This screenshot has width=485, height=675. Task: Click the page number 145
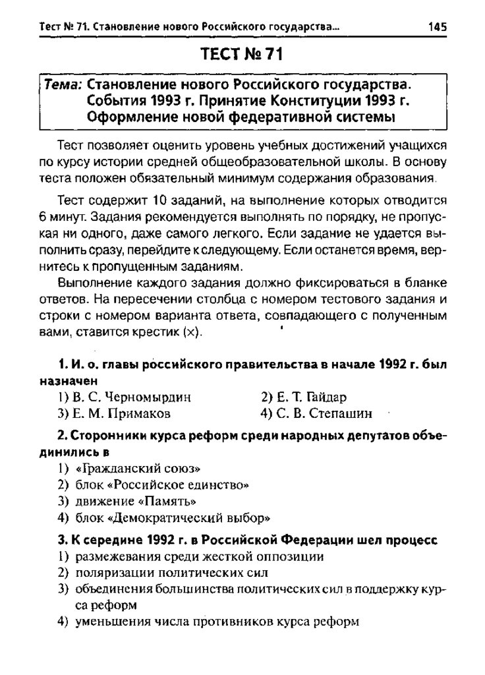[437, 27]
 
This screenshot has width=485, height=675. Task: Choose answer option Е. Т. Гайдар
[303, 397]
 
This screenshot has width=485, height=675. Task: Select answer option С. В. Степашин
[316, 414]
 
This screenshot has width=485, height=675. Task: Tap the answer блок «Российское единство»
[161, 485]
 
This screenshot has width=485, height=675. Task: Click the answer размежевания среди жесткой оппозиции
[198, 556]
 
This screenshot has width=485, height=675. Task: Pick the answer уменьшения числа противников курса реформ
[217, 621]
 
